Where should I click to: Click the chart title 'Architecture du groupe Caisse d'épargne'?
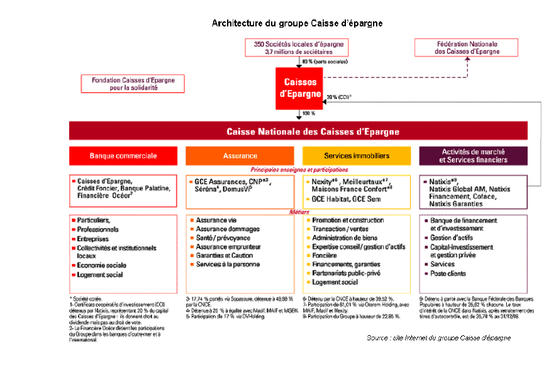click(x=297, y=23)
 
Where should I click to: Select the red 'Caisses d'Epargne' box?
click(x=300, y=89)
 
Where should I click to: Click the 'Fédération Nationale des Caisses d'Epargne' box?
click(x=467, y=47)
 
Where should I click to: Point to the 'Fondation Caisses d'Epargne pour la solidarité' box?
click(x=133, y=84)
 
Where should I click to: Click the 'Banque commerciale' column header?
click(x=123, y=155)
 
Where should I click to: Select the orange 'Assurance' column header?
click(x=240, y=155)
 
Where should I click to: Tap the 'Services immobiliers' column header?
click(x=356, y=155)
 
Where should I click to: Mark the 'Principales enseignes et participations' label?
click(x=299, y=170)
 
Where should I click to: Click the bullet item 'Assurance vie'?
click(x=215, y=221)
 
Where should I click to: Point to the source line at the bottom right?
click(x=438, y=338)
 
